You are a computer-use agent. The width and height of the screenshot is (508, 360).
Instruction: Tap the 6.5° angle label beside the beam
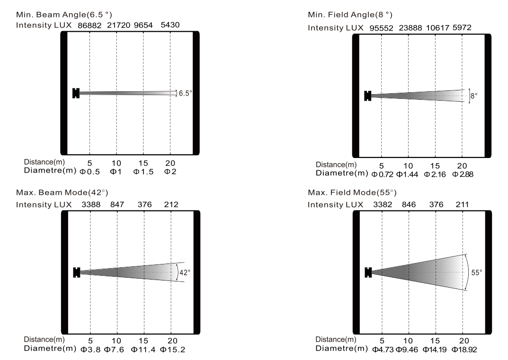pos(185,93)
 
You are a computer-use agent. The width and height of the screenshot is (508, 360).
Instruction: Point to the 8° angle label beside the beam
pos(474,96)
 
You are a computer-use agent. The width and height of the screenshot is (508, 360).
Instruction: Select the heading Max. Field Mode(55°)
pos(352,193)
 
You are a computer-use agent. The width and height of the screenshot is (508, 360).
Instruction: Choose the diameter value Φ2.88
pos(463,174)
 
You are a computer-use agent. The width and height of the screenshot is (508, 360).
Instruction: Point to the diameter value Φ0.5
pos(90,171)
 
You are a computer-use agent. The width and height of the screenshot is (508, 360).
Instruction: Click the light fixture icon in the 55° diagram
pos(368,272)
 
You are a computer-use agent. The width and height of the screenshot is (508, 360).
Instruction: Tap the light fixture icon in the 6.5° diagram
pos(75,93)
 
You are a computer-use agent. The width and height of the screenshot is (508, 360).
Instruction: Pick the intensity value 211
pos(462,205)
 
